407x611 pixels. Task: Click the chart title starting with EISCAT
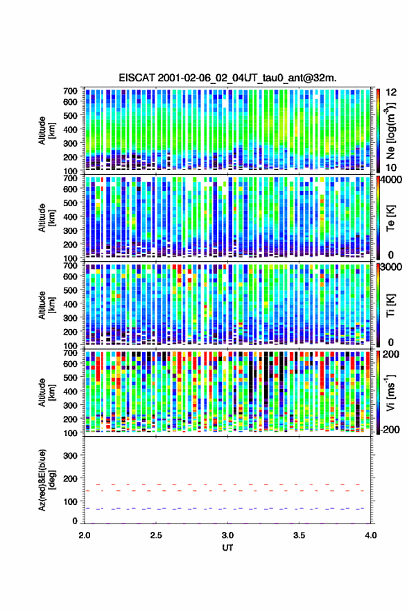coord(227,78)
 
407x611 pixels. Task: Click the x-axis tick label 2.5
coord(156,535)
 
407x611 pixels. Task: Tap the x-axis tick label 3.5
coord(299,535)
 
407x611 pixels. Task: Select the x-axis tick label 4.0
coord(371,535)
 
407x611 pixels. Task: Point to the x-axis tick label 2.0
coord(85,535)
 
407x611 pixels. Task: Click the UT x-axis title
coord(227,548)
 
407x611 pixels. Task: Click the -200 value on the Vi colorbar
coord(389,430)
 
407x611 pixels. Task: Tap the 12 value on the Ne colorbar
coord(391,92)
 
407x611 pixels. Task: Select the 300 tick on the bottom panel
coord(70,455)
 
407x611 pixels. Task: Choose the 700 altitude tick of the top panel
coord(70,91)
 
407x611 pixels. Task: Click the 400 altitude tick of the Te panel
coord(70,217)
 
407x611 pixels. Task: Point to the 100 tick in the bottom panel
coord(70,501)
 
